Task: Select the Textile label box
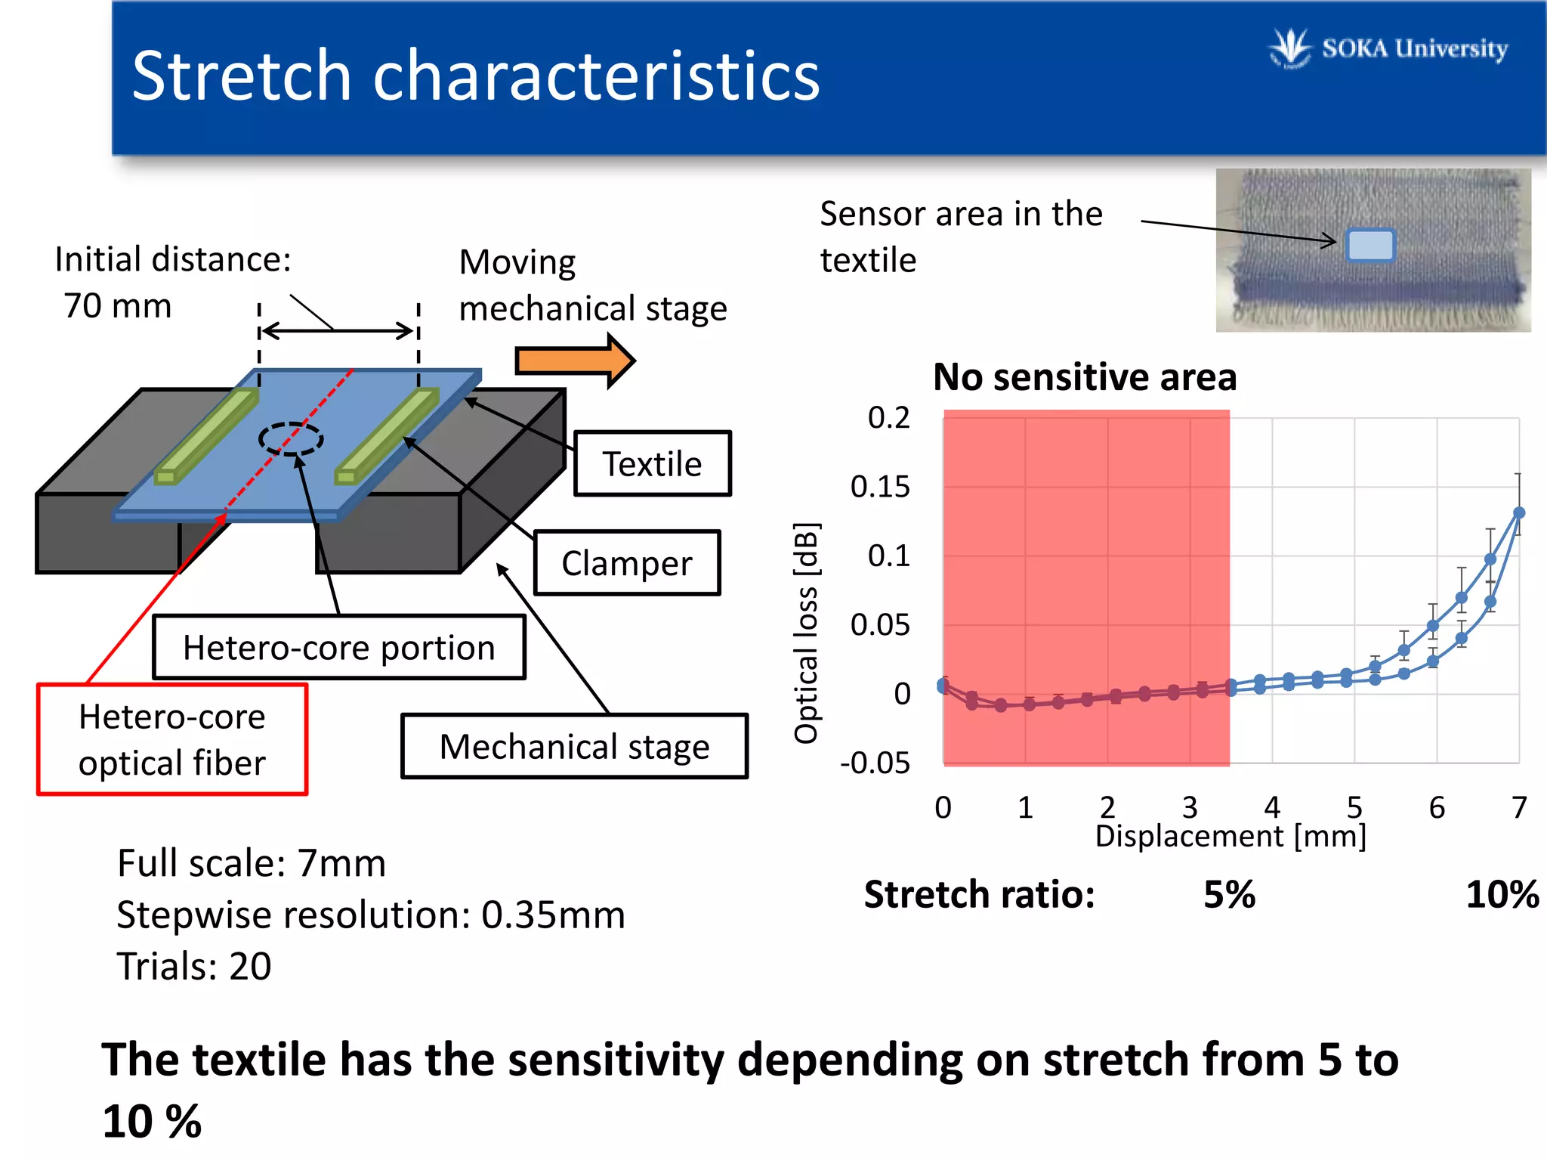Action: pos(652,464)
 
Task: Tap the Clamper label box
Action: pos(626,564)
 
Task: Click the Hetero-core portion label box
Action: pos(338,648)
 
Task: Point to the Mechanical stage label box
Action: pos(574,747)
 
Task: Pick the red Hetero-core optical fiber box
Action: pos(172,740)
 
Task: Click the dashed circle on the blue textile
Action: pos(291,438)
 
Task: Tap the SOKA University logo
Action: pos(1390,48)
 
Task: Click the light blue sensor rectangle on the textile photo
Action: pos(1370,246)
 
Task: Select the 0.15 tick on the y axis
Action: pos(880,487)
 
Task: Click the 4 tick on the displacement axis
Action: pos(1272,807)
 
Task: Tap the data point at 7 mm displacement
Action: pos(1518,513)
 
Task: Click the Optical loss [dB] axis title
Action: pos(806,633)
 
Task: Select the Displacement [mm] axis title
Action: pos(1230,837)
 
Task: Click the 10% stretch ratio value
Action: pos(1502,895)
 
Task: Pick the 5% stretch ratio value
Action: pos(1229,895)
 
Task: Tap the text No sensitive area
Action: pos(1085,377)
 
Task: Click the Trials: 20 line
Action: pos(194,967)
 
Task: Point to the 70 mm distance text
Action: pos(118,306)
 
